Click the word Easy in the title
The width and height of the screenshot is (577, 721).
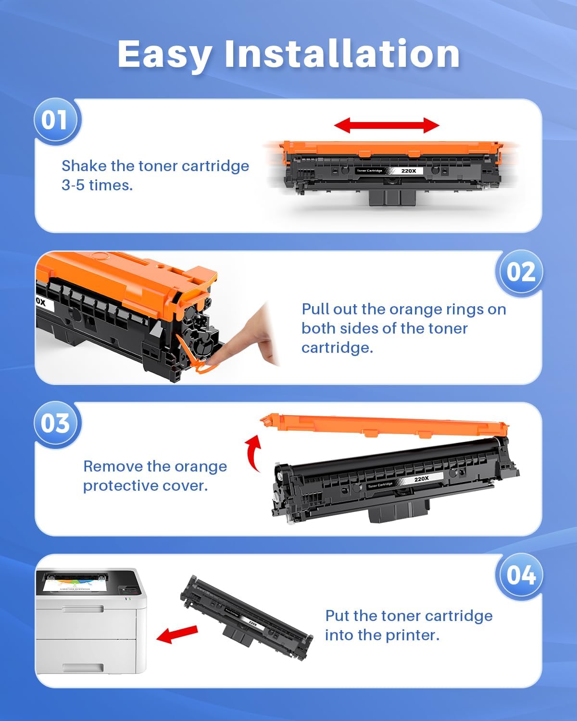click(164, 55)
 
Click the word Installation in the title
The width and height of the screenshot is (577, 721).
click(342, 54)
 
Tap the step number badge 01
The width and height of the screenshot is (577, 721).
click(55, 120)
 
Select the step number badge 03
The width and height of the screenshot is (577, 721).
click(55, 423)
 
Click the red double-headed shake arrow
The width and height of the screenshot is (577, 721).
click(387, 125)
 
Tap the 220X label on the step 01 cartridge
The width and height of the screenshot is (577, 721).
click(409, 171)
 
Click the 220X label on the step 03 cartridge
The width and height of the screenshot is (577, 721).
click(421, 479)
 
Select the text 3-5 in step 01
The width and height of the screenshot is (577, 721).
click(73, 185)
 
